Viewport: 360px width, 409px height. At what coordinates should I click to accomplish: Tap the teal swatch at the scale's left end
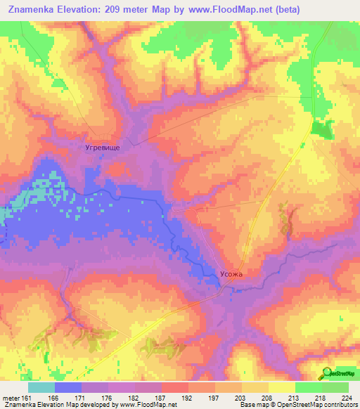pos(41,387)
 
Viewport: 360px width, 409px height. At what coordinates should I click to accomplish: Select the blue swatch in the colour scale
pos(67,387)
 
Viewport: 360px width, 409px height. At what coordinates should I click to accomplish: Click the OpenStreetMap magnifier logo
pos(328,373)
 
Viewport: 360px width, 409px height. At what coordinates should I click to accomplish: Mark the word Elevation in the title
pos(86,10)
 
